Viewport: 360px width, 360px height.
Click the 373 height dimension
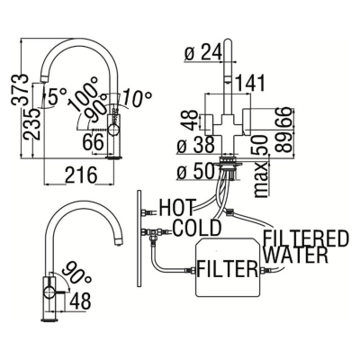coord(20,89)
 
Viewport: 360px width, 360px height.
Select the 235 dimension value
coord(32,123)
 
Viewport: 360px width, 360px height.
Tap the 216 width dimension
coord(81,175)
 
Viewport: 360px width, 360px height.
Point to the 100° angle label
coord(83,94)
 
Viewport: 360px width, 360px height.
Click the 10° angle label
coord(137,97)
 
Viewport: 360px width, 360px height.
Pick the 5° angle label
coord(56,96)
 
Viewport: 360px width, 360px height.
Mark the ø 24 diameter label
coord(203,52)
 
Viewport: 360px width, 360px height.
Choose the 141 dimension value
coord(250,83)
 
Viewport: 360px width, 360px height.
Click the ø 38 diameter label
coord(196,145)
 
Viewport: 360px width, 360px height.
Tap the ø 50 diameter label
coord(196,172)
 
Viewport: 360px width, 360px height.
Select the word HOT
coord(177,207)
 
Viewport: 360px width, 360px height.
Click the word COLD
coord(197,228)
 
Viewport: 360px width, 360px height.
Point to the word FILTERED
coord(306,238)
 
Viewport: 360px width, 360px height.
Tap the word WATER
coord(297,256)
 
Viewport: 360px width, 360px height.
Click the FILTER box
coord(228,267)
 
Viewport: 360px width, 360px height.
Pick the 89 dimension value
coord(285,143)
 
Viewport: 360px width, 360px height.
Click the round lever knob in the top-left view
coord(114,130)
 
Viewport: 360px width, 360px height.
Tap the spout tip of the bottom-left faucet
coord(120,242)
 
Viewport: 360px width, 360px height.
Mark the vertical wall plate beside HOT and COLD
coord(139,238)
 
